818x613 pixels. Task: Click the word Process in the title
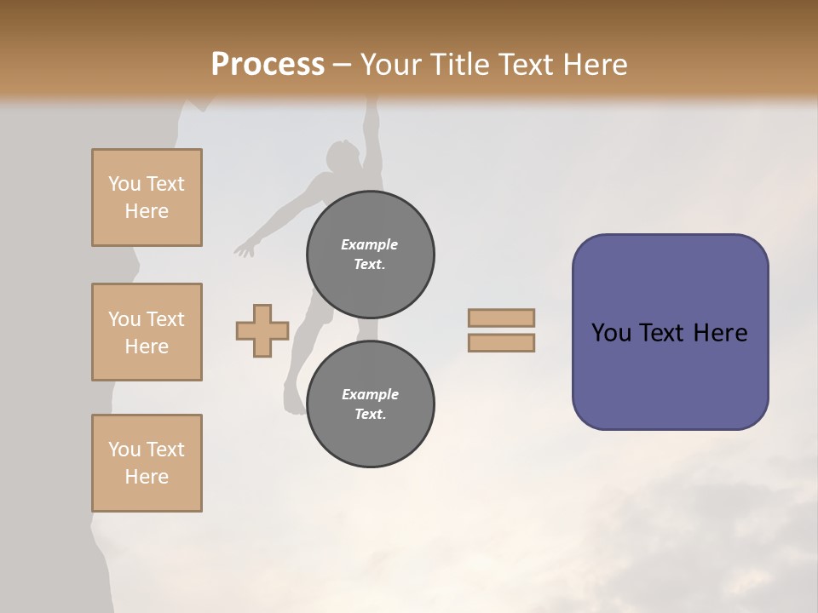[x=268, y=65]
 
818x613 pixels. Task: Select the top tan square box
[x=147, y=198]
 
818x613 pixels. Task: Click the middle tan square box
[x=147, y=332]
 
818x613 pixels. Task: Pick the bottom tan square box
[x=147, y=463]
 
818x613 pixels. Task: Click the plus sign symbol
[x=262, y=330]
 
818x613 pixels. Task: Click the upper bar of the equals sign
[x=501, y=318]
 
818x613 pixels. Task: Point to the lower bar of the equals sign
[x=501, y=342]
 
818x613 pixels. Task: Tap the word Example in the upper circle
[x=369, y=244]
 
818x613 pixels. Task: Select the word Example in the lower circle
[x=370, y=394]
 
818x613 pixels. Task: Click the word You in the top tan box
[x=124, y=184]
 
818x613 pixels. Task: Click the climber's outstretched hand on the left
[x=245, y=249]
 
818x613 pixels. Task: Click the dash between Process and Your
[x=342, y=66]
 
